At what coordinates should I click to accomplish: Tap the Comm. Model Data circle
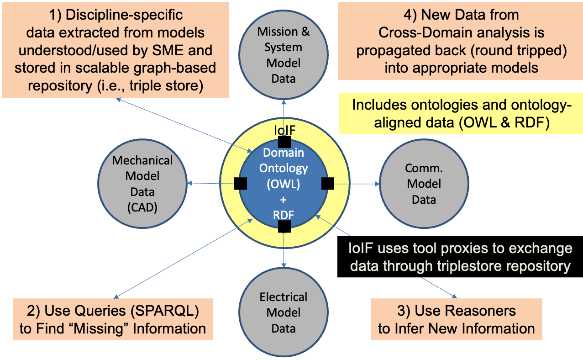pyautogui.click(x=424, y=184)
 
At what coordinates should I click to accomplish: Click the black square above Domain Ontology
pyautogui.click(x=284, y=142)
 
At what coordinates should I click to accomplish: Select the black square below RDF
pyautogui.click(x=284, y=226)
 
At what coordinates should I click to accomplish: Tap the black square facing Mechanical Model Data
pyautogui.click(x=240, y=184)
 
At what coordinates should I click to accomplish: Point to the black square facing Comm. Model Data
pyautogui.click(x=328, y=184)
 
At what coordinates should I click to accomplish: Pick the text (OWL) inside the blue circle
pyautogui.click(x=284, y=185)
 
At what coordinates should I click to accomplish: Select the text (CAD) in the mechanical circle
pyautogui.click(x=142, y=207)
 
